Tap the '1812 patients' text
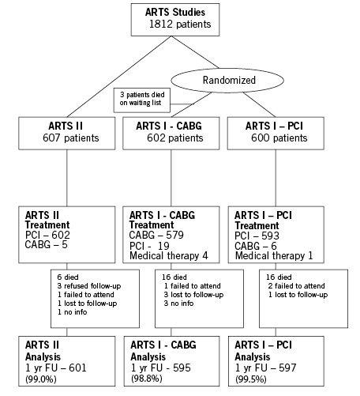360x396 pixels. tap(180, 24)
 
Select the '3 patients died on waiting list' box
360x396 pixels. tap(142, 100)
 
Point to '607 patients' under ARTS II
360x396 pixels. tap(71, 138)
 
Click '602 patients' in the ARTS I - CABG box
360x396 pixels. tap(175, 138)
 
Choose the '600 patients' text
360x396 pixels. tap(279, 138)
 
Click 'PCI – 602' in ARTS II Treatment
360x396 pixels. tap(47, 235)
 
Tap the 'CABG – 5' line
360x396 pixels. tap(47, 245)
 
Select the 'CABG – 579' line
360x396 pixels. tap(156, 235)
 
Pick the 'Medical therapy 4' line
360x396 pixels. tap(169, 255)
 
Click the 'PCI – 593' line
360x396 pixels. tap(257, 236)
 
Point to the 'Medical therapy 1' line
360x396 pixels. tap(274, 255)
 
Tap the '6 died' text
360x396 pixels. tap(68, 277)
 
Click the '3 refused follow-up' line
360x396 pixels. tap(89, 286)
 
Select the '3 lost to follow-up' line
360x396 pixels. tap(193, 295)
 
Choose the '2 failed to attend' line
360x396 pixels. tap(297, 286)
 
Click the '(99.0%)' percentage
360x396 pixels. tap(41, 379)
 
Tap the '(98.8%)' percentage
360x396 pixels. tap(147, 379)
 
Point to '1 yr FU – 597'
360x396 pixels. tap(265, 368)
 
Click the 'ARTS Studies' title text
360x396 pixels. tap(175, 12)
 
